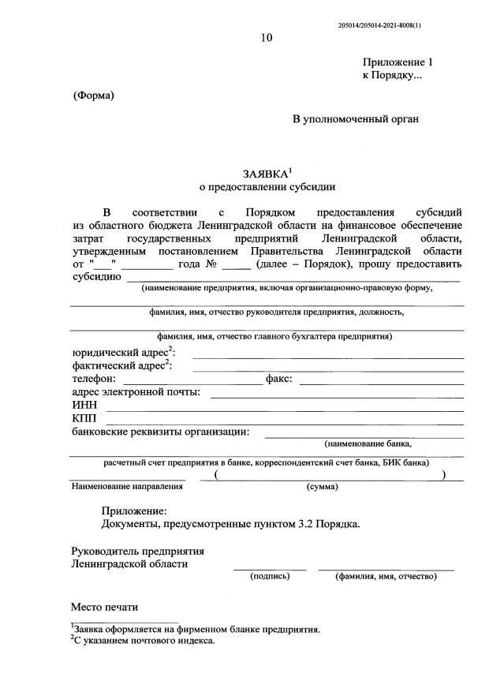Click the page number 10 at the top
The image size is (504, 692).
click(267, 38)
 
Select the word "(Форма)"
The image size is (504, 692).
click(94, 95)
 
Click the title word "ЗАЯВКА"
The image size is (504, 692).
click(264, 173)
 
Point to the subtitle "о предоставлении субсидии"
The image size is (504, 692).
click(267, 187)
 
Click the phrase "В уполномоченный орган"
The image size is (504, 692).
click(356, 119)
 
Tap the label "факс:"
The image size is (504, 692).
click(279, 379)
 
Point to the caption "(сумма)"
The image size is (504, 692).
click(322, 486)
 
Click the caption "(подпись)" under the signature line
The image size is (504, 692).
click(270, 576)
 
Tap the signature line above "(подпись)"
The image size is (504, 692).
click(270, 569)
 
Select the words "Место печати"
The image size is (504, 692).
click(104, 607)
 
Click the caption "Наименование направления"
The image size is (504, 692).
click(127, 486)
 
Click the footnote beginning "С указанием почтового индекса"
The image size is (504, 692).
click(143, 642)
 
